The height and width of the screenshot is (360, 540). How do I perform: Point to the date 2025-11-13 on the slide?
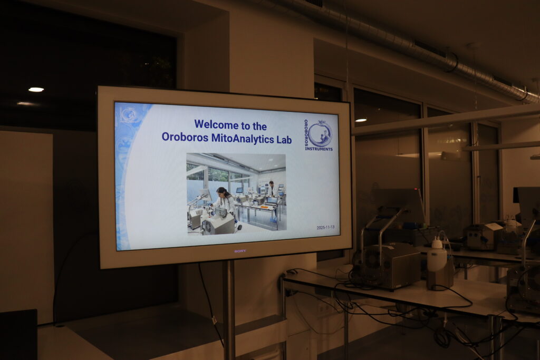[x=325, y=228]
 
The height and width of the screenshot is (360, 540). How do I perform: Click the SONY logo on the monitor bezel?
[x=240, y=251]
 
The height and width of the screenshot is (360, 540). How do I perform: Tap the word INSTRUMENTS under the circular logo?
[x=319, y=149]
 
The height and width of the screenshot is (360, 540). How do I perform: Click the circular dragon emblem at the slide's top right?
[x=320, y=133]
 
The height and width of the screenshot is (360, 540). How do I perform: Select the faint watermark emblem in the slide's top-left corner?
[x=128, y=114]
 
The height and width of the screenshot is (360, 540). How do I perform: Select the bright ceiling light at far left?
[x=36, y=90]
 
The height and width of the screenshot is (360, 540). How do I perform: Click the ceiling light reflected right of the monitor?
[x=361, y=120]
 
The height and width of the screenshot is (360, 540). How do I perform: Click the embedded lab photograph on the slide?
[x=236, y=193]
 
